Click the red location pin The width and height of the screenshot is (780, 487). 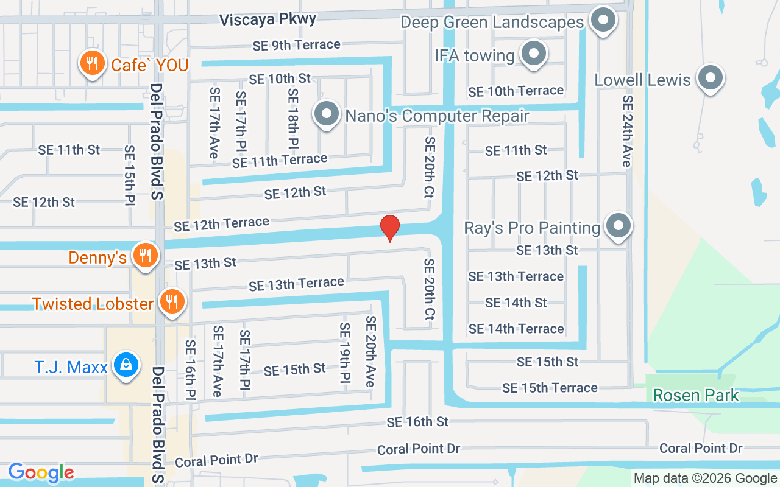(x=390, y=228)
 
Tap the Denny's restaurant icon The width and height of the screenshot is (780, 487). (x=144, y=256)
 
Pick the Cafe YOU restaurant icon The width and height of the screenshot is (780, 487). (x=92, y=63)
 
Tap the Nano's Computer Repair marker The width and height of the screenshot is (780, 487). (x=327, y=114)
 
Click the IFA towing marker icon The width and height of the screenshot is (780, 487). (x=534, y=54)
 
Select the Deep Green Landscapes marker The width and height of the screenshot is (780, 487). (x=603, y=20)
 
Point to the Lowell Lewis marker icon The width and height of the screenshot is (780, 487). (x=710, y=78)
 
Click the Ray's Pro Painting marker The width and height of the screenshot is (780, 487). (x=619, y=226)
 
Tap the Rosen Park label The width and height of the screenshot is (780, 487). (x=695, y=395)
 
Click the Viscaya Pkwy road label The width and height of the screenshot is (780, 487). (x=268, y=19)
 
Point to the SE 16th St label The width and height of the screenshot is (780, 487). (x=417, y=421)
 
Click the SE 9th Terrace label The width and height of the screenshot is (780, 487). (x=297, y=44)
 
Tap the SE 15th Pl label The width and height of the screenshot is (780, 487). (x=129, y=175)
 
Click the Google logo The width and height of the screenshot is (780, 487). (x=41, y=472)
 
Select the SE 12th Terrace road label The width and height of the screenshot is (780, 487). (x=221, y=224)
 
